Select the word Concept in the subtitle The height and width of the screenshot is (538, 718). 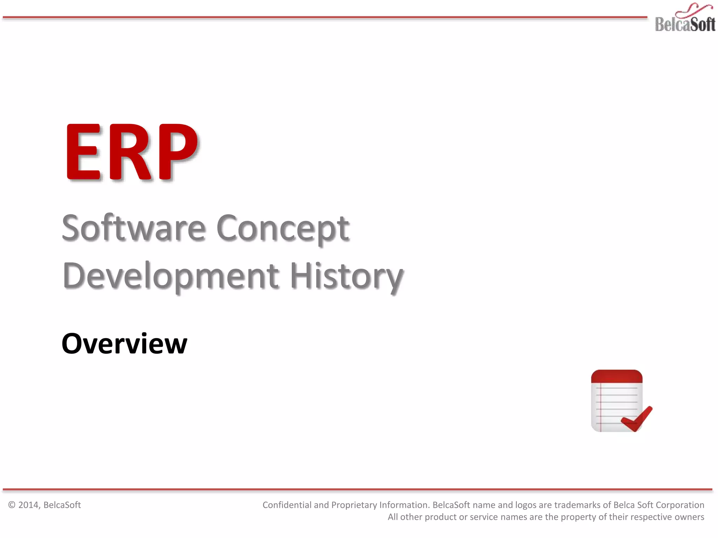pyautogui.click(x=283, y=228)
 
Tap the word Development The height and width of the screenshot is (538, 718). pyautogui.click(x=171, y=276)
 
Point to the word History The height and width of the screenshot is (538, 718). pyautogui.click(x=346, y=276)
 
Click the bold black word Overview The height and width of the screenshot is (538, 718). pyautogui.click(x=124, y=344)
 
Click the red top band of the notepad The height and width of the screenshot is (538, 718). pyautogui.click(x=616, y=376)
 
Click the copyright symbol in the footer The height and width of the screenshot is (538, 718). pyautogui.click(x=12, y=505)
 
